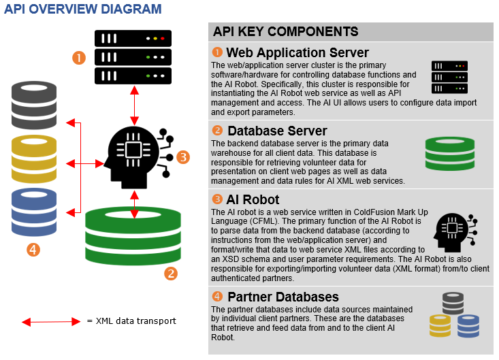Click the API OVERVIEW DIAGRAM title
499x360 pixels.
(82, 9)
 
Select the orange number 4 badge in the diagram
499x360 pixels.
(33, 249)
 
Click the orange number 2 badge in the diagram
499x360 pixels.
(172, 274)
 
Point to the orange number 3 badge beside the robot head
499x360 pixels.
(182, 157)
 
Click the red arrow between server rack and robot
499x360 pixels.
(135, 103)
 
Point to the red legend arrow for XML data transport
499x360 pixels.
(51, 321)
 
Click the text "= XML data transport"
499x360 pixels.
(131, 321)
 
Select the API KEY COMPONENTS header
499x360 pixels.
(285, 31)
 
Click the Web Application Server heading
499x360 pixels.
(297, 52)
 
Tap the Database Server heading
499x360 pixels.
(277, 131)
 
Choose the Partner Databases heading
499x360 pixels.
(283, 297)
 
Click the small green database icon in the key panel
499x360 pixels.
(449, 153)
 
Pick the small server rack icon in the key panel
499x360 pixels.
(449, 77)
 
